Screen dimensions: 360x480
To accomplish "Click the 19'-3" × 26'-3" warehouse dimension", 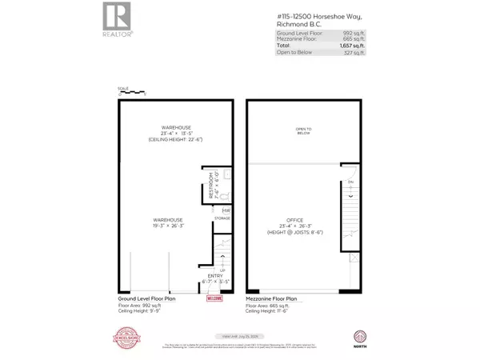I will pyautogui.click(x=170, y=226).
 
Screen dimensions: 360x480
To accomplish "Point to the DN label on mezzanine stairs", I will pyautogui.click(x=350, y=182).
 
